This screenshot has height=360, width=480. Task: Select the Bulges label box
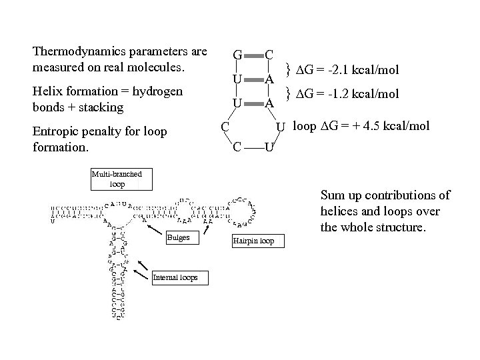(x=178, y=237)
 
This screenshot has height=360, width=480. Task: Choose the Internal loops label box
(x=175, y=277)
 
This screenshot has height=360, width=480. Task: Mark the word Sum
(x=331, y=195)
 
